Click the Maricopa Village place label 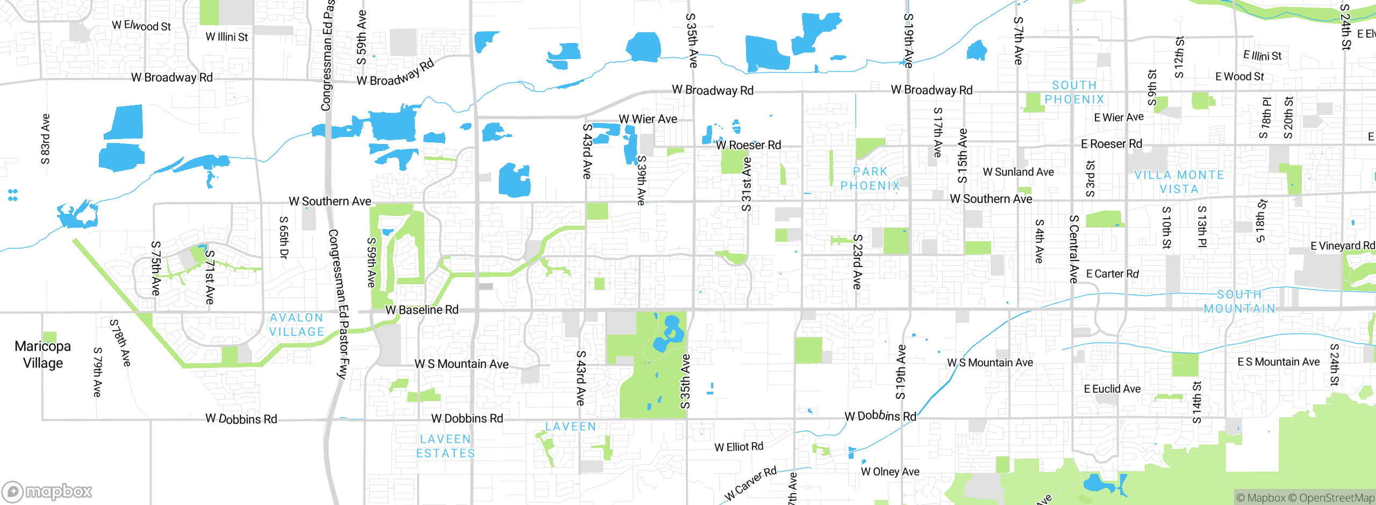(42, 355)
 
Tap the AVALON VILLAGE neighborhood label (297, 325)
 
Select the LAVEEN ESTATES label (446, 446)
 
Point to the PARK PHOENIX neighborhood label (870, 179)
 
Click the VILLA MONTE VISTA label (1179, 182)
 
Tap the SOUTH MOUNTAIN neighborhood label (1239, 301)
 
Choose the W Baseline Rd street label (422, 310)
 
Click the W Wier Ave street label (648, 119)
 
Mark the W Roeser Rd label (748, 145)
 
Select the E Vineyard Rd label (1342, 246)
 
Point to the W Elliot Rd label (739, 447)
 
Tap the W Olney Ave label (890, 472)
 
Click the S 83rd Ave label (46, 139)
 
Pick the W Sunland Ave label (1018, 172)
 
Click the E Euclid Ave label (1112, 389)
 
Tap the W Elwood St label (141, 25)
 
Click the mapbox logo (47, 492)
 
